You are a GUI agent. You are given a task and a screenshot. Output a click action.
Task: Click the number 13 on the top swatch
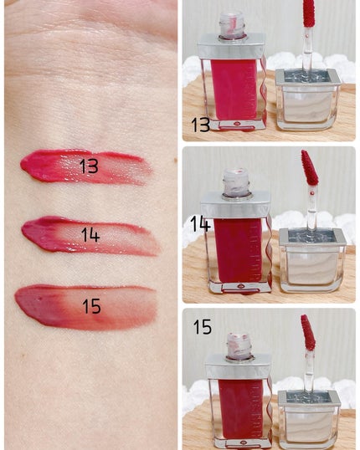pyautogui.click(x=89, y=166)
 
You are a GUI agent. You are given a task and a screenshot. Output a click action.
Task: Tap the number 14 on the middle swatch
pyautogui.click(x=90, y=234)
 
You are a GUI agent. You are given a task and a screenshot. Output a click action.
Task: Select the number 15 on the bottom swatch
pyautogui.click(x=91, y=306)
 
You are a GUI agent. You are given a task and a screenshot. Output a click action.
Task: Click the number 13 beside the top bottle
pyautogui.click(x=200, y=125)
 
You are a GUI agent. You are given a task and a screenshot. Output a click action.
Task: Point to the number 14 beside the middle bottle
pyautogui.click(x=200, y=224)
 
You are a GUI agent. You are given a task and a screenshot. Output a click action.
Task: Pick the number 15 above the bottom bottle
pyautogui.click(x=203, y=326)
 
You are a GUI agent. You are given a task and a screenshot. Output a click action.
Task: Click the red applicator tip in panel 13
pyautogui.click(x=309, y=13)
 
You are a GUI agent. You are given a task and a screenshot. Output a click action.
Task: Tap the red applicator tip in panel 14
pyautogui.click(x=310, y=168)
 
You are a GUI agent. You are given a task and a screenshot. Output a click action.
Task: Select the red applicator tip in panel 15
pyautogui.click(x=308, y=333)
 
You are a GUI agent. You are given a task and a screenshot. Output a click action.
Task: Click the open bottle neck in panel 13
pyautogui.click(x=232, y=25)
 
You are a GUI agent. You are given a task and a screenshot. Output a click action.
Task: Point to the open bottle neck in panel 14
pyautogui.click(x=237, y=183)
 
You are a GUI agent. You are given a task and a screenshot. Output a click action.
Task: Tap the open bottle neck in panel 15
pyautogui.click(x=239, y=346)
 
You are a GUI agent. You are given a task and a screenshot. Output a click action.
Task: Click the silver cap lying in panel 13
pyautogui.click(x=308, y=100)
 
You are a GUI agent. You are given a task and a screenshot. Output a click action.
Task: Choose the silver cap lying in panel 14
pyautogui.click(x=312, y=260)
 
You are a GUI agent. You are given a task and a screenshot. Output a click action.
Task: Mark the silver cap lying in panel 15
pyautogui.click(x=310, y=420)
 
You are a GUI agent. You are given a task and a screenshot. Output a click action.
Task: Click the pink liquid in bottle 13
pyautogui.click(x=234, y=89)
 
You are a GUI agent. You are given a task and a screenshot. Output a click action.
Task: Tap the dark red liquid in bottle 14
pyautogui.click(x=238, y=250)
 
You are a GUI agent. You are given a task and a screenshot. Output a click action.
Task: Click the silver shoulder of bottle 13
pyautogui.click(x=231, y=47)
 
